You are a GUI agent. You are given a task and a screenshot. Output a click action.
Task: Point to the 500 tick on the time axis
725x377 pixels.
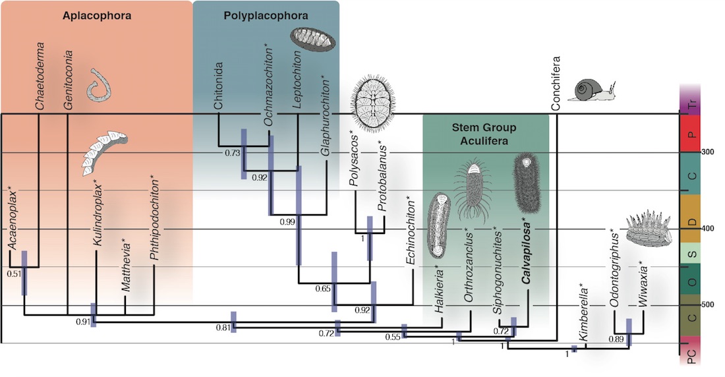pyautogui.click(x=708, y=304)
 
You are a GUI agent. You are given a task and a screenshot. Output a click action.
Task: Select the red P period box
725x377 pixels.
pyautogui.click(x=689, y=134)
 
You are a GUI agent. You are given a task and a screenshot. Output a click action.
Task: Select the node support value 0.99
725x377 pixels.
pyautogui.click(x=287, y=222)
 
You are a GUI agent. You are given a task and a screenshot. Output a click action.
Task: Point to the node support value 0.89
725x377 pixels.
pyautogui.click(x=616, y=339)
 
